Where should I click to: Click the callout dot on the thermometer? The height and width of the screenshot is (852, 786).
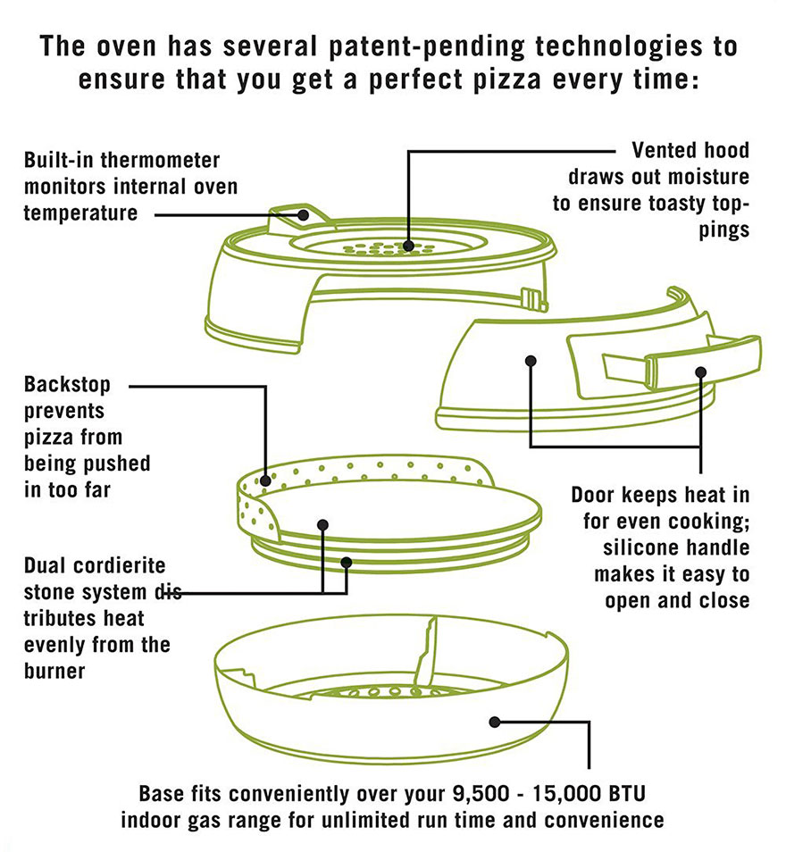click(305, 215)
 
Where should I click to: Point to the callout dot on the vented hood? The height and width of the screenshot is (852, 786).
click(408, 244)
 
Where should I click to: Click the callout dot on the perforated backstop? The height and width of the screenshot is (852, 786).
click(265, 480)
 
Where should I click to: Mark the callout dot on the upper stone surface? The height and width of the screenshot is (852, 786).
click(322, 525)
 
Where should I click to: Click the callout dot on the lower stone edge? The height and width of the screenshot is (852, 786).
click(346, 563)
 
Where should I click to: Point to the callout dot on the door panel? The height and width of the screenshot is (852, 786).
click(531, 361)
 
